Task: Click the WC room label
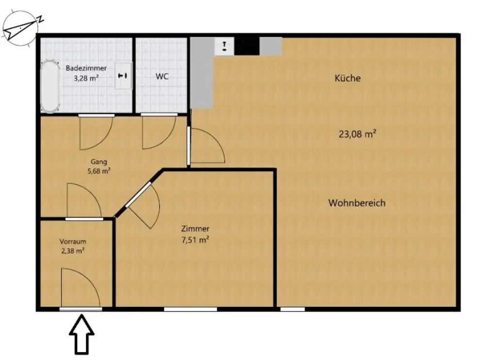click(x=162, y=76)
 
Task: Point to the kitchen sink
click(x=225, y=47)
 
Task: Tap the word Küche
click(x=348, y=78)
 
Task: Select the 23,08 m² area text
click(x=358, y=134)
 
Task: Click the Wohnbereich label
click(x=357, y=203)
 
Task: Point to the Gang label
click(x=99, y=162)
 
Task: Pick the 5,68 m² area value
click(x=99, y=171)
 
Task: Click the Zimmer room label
click(x=195, y=229)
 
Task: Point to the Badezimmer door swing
click(x=96, y=132)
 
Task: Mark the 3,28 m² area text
click(x=86, y=77)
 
